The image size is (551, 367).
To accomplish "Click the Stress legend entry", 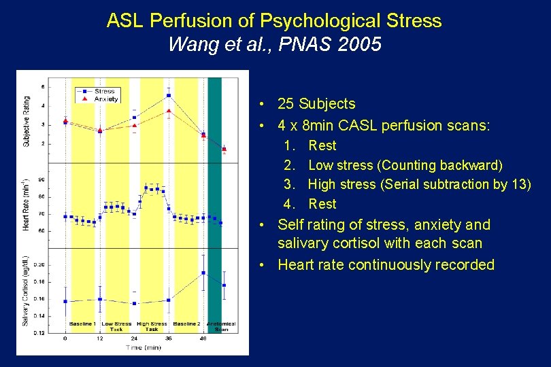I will (x=104, y=91).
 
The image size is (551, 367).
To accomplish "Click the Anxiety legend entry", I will (x=105, y=99).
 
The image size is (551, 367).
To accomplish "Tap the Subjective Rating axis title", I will (x=27, y=122).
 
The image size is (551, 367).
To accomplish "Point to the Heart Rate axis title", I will (x=26, y=204).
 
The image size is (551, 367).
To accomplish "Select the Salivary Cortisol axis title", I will (x=26, y=291).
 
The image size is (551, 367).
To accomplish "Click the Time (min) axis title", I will (x=143, y=347).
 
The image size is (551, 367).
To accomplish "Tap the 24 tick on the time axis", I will (x=134, y=338).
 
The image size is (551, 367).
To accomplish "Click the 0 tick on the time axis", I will (x=65, y=338).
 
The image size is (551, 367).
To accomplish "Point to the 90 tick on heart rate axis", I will (x=41, y=180).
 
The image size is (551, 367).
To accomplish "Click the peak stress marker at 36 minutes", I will (x=168, y=95).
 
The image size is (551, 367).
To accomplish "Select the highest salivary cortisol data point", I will (x=203, y=273).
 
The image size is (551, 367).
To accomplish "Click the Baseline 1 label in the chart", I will (x=82, y=324).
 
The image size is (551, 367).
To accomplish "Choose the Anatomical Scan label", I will (x=221, y=326).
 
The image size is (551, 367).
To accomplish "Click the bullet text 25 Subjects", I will (x=316, y=104).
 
